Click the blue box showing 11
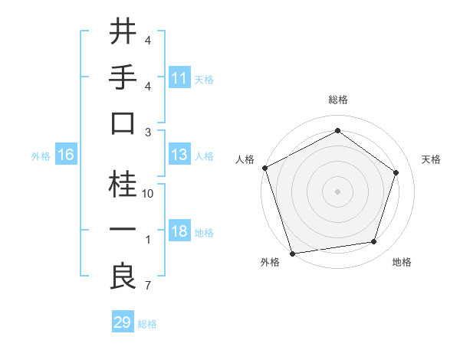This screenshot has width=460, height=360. (179, 77)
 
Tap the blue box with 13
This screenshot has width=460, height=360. (179, 155)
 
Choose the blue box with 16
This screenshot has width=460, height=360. (66, 155)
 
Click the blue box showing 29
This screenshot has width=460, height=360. (123, 322)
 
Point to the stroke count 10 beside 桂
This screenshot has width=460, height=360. (149, 194)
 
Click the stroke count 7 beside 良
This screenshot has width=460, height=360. (148, 286)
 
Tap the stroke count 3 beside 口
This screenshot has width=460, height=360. (148, 133)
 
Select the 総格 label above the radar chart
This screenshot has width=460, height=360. (337, 100)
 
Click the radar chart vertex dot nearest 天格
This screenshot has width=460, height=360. (396, 172)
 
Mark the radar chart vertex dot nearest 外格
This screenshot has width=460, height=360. (293, 253)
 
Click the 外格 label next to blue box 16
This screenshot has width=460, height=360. (40, 156)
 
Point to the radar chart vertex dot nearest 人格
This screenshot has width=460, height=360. (264, 168)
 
